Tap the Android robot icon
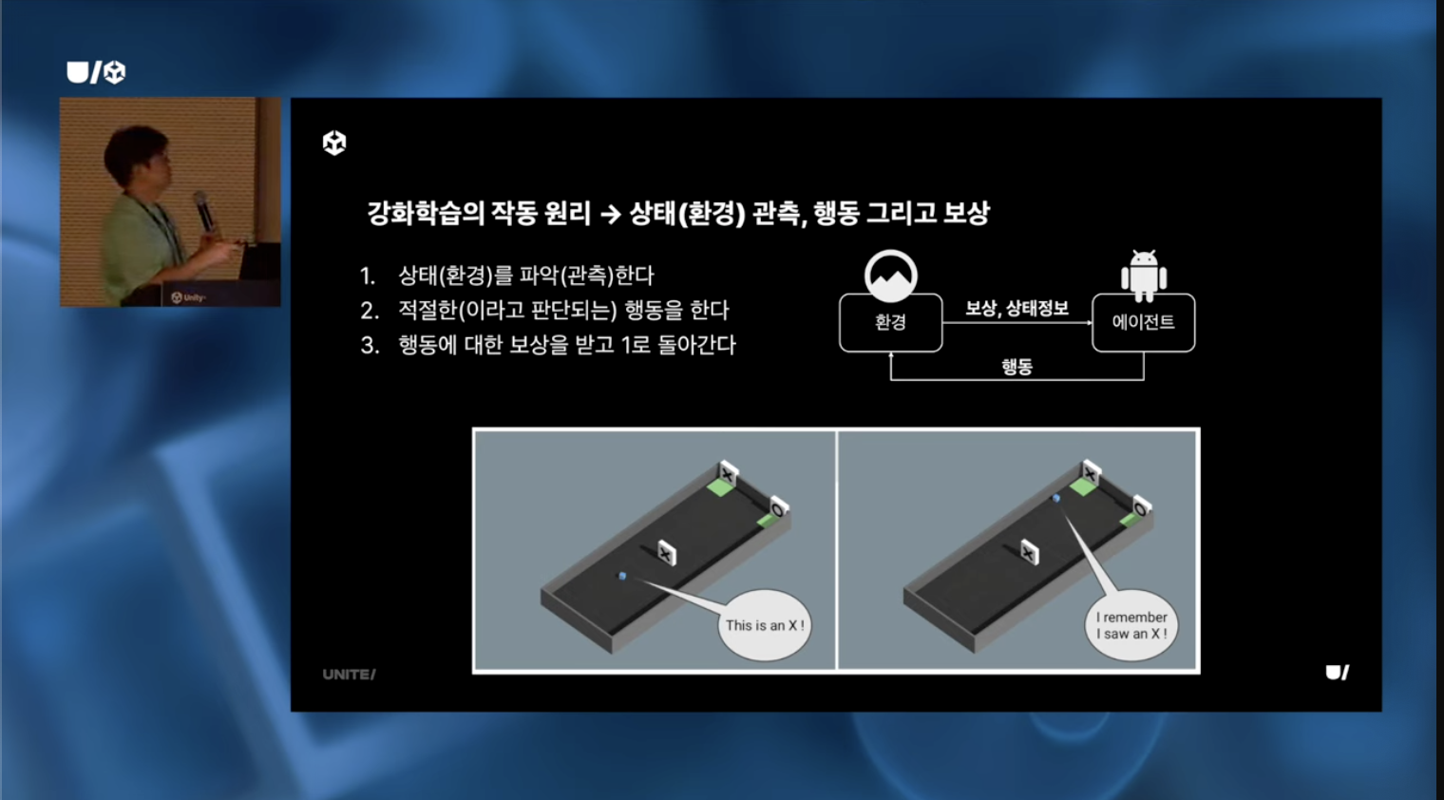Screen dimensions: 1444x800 [x=1144, y=276]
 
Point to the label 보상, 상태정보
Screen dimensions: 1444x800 [x=1016, y=308]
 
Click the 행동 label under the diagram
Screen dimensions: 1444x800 [x=1016, y=366]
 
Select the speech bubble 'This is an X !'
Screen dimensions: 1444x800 [x=765, y=624]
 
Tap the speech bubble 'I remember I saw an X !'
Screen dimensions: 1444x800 [x=1131, y=624]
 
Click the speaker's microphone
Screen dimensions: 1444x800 [x=203, y=210]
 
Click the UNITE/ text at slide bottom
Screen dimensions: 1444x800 [x=349, y=675]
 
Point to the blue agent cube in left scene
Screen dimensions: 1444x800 [x=622, y=576]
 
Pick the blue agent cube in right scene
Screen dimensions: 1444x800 [x=1056, y=498]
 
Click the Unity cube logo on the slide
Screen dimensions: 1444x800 [x=334, y=143]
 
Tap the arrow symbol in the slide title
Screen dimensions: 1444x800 [x=610, y=214]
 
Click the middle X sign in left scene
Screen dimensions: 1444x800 [x=667, y=553]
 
